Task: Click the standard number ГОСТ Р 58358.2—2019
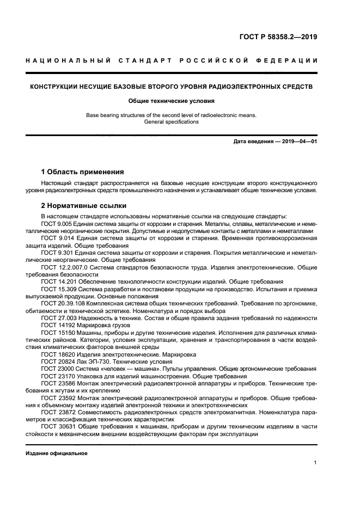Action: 278,38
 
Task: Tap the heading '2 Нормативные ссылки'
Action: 84,206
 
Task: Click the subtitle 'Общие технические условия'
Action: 172,101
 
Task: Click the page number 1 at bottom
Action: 315,463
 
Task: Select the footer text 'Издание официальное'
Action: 56,453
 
